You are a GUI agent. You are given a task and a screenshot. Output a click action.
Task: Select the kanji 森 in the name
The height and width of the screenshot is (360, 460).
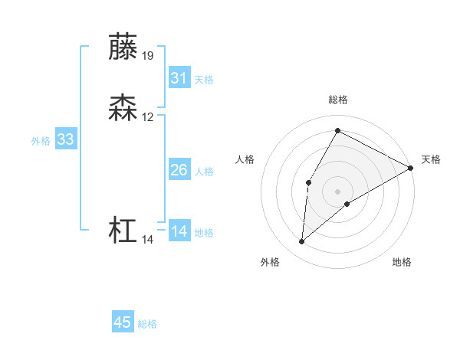[123, 108]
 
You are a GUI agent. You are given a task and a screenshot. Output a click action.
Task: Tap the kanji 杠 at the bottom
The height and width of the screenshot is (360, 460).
[123, 231]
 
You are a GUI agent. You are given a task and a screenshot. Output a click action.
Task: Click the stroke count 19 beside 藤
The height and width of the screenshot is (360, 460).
[148, 55]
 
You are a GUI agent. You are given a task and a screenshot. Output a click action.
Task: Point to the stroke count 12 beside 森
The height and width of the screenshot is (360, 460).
[148, 117]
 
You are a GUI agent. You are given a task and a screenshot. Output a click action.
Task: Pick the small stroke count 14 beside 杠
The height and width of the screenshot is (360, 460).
[148, 240]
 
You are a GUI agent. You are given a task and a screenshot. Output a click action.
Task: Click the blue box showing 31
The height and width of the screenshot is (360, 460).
[179, 78]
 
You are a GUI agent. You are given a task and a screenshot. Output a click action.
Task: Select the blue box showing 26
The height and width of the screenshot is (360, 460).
[179, 170]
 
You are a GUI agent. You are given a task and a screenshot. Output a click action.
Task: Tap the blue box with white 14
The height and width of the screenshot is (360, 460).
[179, 231]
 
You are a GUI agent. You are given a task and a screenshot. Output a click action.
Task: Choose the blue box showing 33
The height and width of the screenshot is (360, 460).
[66, 139]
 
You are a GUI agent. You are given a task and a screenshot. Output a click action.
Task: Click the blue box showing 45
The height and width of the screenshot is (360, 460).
[123, 322]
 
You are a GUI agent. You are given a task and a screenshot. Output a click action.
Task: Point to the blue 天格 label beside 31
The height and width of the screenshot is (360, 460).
[204, 80]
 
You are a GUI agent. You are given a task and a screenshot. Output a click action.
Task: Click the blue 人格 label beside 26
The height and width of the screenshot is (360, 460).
[204, 172]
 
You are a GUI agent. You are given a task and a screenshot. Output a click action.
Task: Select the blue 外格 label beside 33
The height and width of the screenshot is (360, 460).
[41, 141]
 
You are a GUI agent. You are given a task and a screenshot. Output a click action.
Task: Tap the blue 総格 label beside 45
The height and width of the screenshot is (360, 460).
[147, 324]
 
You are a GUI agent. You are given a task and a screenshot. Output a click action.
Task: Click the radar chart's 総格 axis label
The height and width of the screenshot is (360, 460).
[337, 100]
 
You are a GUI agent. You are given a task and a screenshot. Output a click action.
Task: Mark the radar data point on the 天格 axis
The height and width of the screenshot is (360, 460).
[411, 168]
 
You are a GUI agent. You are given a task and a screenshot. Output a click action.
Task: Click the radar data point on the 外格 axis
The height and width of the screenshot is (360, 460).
[301, 242]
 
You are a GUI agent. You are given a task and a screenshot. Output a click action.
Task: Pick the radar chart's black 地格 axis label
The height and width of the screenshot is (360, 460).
[402, 263]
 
